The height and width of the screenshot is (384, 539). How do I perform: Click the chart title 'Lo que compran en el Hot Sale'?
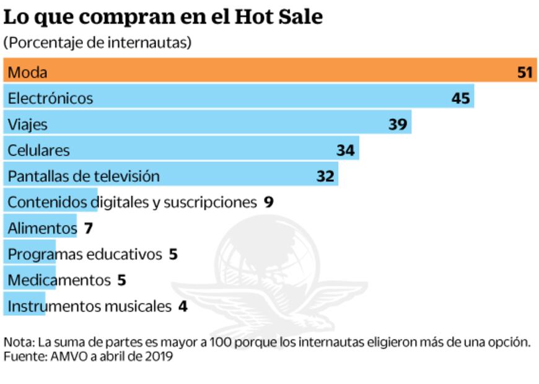click(x=163, y=17)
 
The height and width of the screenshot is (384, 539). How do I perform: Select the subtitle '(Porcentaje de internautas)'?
click(x=97, y=43)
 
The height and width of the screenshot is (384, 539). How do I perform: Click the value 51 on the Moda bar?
click(x=525, y=72)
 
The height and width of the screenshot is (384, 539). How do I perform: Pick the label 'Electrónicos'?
click(x=50, y=98)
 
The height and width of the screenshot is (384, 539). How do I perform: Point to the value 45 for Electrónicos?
click(x=460, y=98)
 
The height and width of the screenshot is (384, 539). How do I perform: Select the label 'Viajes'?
click(x=27, y=124)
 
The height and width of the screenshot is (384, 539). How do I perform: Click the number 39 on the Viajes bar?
click(x=397, y=124)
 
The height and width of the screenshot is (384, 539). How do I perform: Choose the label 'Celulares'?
click(x=38, y=150)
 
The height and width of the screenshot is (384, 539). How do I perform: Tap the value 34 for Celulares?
click(x=345, y=151)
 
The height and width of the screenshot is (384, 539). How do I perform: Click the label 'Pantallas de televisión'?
click(x=84, y=176)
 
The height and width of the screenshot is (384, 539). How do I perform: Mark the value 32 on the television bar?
click(x=325, y=177)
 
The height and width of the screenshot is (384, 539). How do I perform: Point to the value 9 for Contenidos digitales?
click(x=268, y=202)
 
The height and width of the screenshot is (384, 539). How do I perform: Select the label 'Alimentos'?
click(x=42, y=228)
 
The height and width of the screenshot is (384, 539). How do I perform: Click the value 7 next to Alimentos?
click(x=89, y=229)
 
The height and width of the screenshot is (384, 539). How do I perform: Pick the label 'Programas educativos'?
click(x=84, y=254)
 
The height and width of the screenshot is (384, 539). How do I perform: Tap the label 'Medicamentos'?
click(x=58, y=280)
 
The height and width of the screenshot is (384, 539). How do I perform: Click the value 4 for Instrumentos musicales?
click(x=182, y=306)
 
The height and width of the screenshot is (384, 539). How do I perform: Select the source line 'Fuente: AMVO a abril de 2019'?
click(x=88, y=357)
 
